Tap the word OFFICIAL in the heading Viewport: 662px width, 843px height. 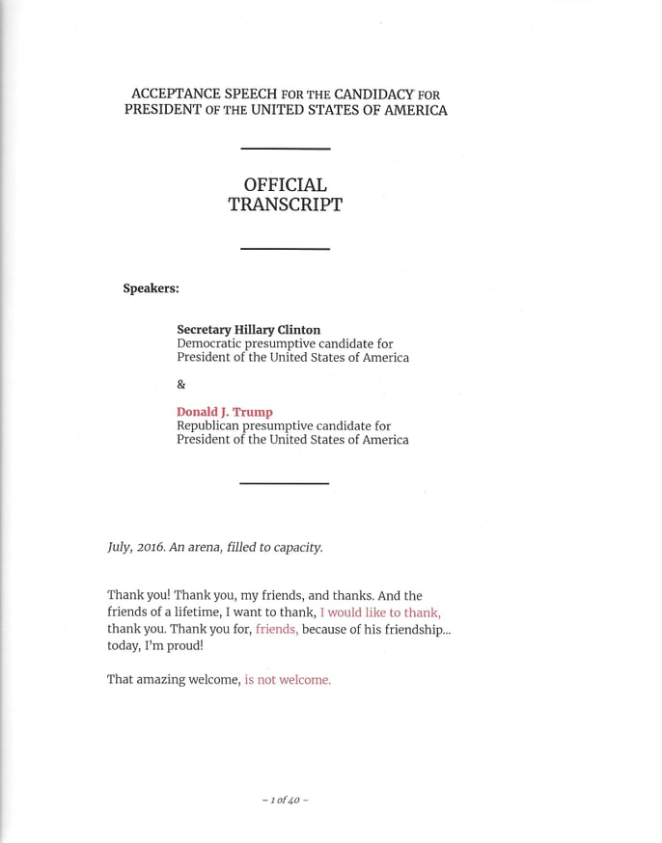285,184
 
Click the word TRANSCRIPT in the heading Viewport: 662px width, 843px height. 285,204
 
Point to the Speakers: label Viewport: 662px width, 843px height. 151,288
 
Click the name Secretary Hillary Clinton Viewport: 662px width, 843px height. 248,330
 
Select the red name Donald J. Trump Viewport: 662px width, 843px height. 224,412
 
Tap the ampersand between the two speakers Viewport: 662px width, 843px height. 181,384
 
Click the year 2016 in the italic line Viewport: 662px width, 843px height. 150,547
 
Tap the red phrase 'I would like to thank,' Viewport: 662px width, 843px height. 380,612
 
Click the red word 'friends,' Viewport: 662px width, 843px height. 277,629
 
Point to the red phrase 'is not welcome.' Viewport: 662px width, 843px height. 288,680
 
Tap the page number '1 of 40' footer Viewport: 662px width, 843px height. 285,801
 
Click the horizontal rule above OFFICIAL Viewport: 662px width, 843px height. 285,149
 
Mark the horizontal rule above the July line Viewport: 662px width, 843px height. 285,482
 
